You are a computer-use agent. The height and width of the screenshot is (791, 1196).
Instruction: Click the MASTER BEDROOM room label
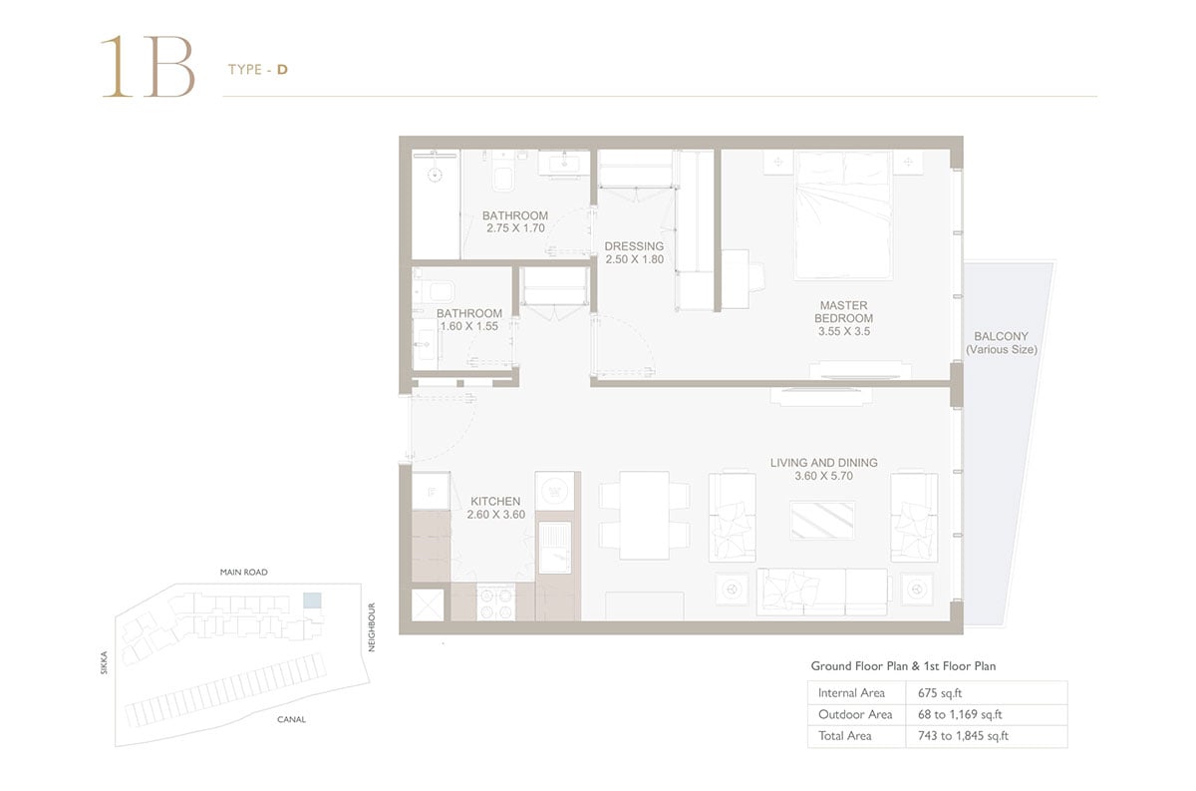coord(843,311)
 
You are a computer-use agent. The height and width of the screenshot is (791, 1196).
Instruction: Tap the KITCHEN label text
coord(495,502)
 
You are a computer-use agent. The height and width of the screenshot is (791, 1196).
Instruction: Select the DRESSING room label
coord(634,246)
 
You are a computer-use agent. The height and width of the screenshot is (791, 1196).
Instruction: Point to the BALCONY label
coord(1001,336)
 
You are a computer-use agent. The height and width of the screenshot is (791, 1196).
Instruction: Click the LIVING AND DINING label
coord(824,463)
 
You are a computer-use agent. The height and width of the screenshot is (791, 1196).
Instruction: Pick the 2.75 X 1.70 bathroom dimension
coord(516,228)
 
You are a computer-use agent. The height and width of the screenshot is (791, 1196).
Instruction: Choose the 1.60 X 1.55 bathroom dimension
coord(469,326)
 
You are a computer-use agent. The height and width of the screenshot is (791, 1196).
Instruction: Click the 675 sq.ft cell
coord(940,693)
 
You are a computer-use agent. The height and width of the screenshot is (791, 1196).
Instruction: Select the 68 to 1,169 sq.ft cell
coord(960,714)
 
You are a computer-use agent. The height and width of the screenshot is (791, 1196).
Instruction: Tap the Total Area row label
coord(845,736)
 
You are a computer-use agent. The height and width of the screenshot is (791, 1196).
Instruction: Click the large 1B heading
coord(148,67)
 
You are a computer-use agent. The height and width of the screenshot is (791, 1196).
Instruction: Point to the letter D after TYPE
coord(282,70)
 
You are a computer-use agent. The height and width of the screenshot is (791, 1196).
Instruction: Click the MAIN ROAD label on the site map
coord(244,572)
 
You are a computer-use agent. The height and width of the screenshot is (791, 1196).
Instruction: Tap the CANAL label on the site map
coord(291,719)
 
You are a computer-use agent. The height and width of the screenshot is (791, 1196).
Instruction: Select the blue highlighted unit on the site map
coord(312,600)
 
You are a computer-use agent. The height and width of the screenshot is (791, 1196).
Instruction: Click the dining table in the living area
coord(645,516)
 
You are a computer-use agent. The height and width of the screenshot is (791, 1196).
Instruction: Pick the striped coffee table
coord(822,520)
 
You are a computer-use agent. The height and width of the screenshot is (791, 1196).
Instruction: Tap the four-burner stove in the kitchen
coord(496,601)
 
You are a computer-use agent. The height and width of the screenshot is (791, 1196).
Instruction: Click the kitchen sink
coord(555,548)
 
